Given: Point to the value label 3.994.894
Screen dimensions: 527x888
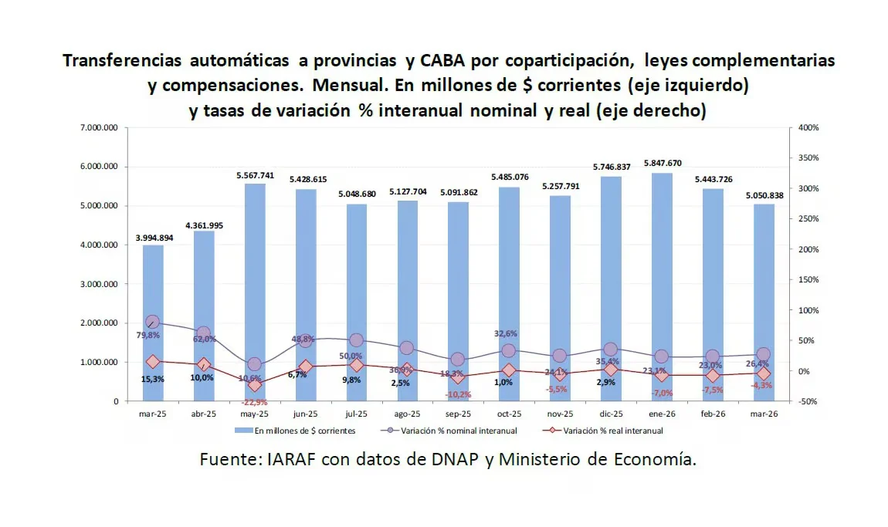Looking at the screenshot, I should [153, 238].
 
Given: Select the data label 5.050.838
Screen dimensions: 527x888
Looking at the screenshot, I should [763, 195].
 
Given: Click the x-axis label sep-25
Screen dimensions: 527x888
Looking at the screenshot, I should [458, 414].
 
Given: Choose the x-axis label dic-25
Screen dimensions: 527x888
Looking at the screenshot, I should [611, 414].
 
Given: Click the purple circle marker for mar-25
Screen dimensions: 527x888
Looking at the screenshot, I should [153, 323].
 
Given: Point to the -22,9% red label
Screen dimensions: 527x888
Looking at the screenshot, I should [254, 402].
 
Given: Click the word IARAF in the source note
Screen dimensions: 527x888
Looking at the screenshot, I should [293, 461].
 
